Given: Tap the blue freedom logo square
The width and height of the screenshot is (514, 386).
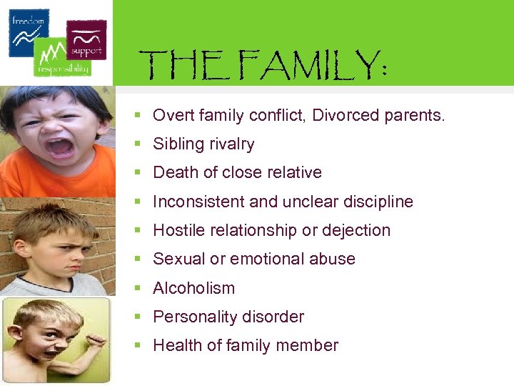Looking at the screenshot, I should [x=29, y=32].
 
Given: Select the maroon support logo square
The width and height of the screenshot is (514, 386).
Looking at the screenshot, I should [x=86, y=39].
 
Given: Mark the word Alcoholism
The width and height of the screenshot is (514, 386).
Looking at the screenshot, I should [x=193, y=288].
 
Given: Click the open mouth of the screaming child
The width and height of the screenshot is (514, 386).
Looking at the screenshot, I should [x=60, y=147].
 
